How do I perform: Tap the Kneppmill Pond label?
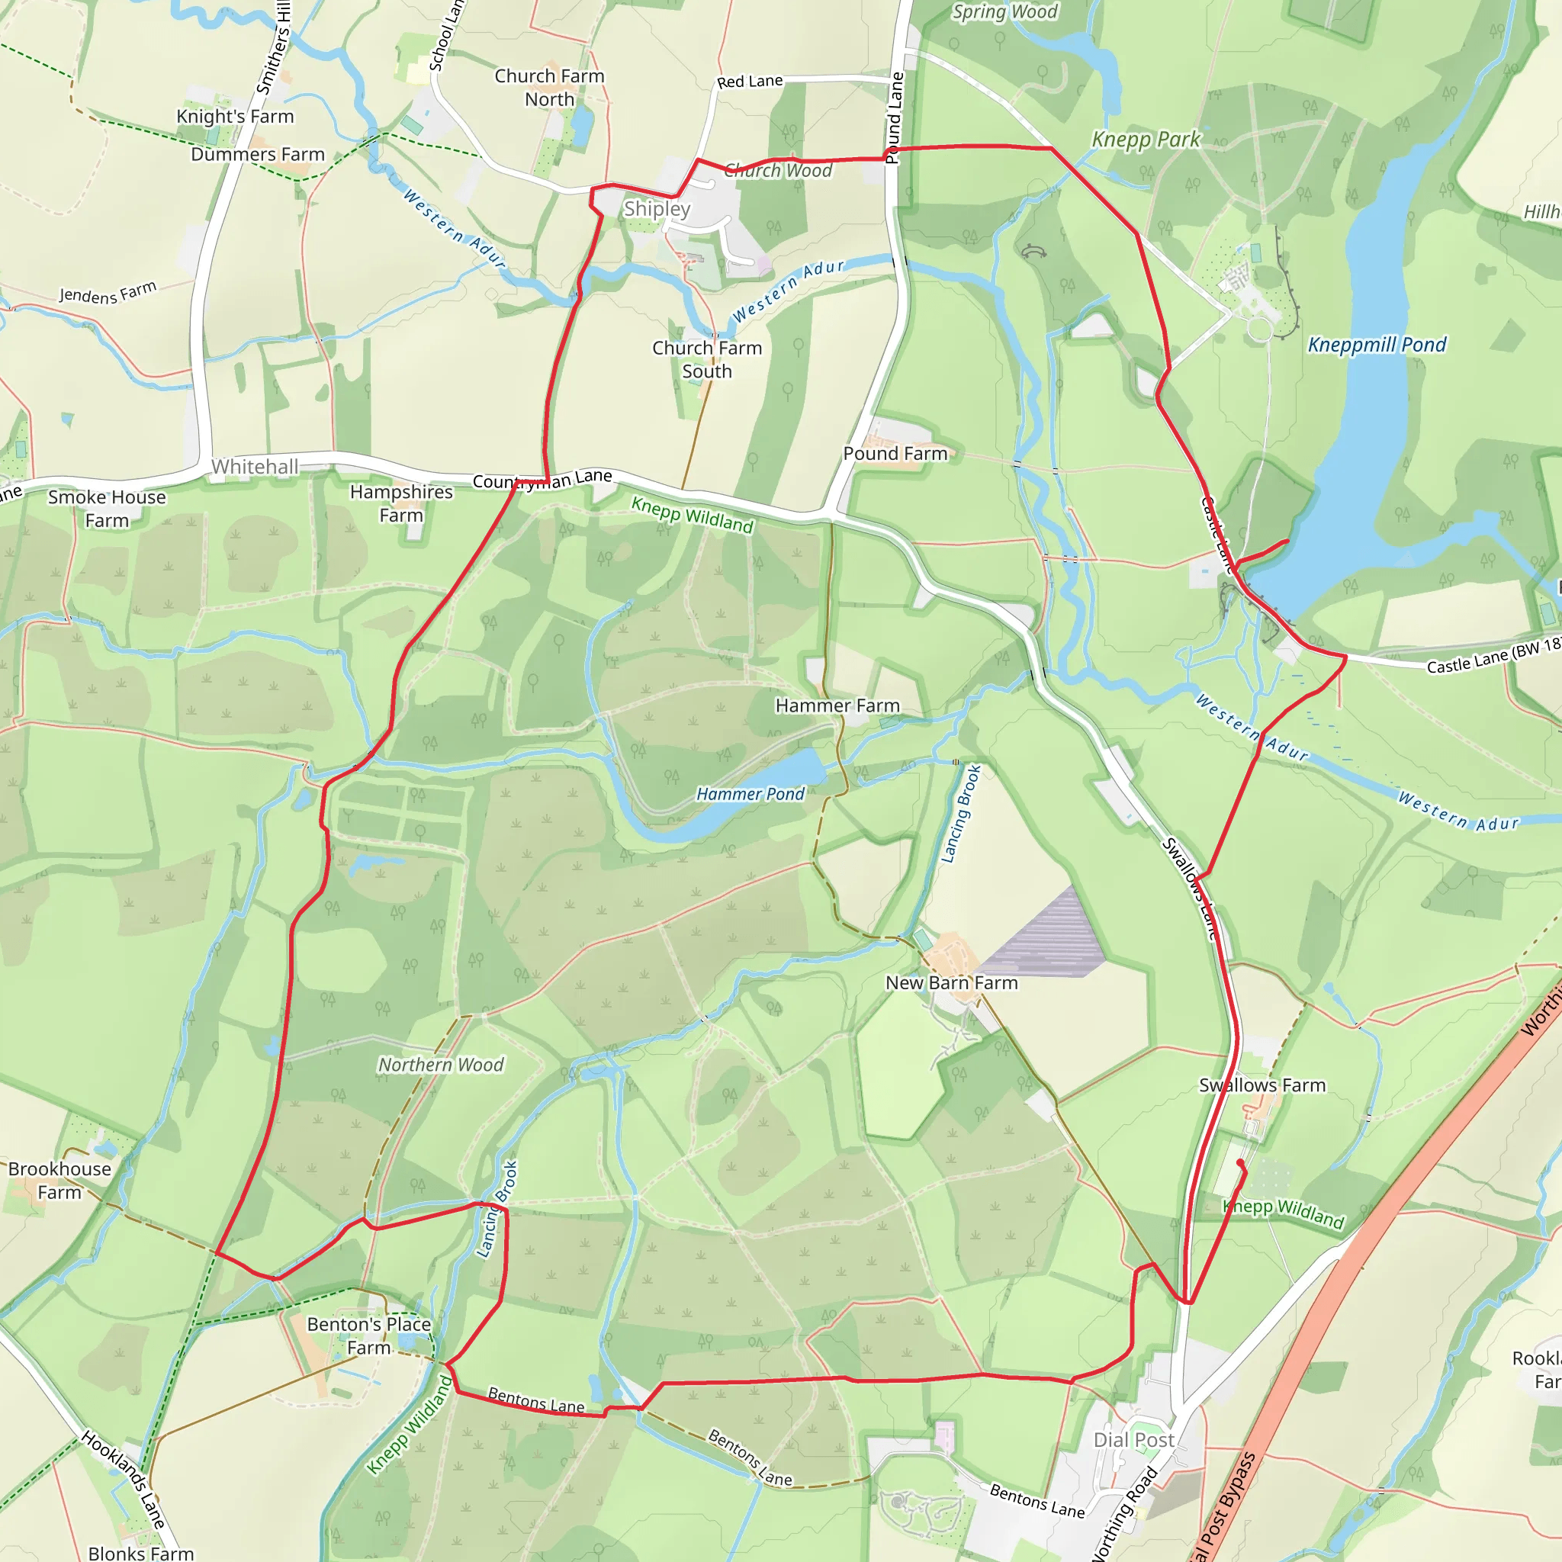click(x=1377, y=345)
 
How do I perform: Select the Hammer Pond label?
click(x=750, y=794)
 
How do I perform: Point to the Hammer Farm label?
click(x=837, y=705)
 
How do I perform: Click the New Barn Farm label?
click(x=952, y=982)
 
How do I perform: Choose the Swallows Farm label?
click(x=1262, y=1085)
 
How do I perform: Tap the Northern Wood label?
click(x=441, y=1065)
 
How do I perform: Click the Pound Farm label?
click(x=895, y=454)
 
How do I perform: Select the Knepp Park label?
click(x=1146, y=139)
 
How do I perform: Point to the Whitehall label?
click(x=255, y=467)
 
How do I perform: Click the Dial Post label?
click(x=1133, y=1440)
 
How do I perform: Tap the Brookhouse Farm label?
click(x=59, y=1181)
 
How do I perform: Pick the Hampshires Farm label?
click(x=401, y=503)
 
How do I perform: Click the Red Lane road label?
click(x=750, y=82)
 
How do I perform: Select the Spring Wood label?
click(x=1004, y=12)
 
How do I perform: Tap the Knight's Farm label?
click(x=235, y=117)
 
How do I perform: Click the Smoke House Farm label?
click(x=107, y=509)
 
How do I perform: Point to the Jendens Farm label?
click(x=108, y=292)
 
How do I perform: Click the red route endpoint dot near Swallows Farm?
click(x=1240, y=1162)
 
